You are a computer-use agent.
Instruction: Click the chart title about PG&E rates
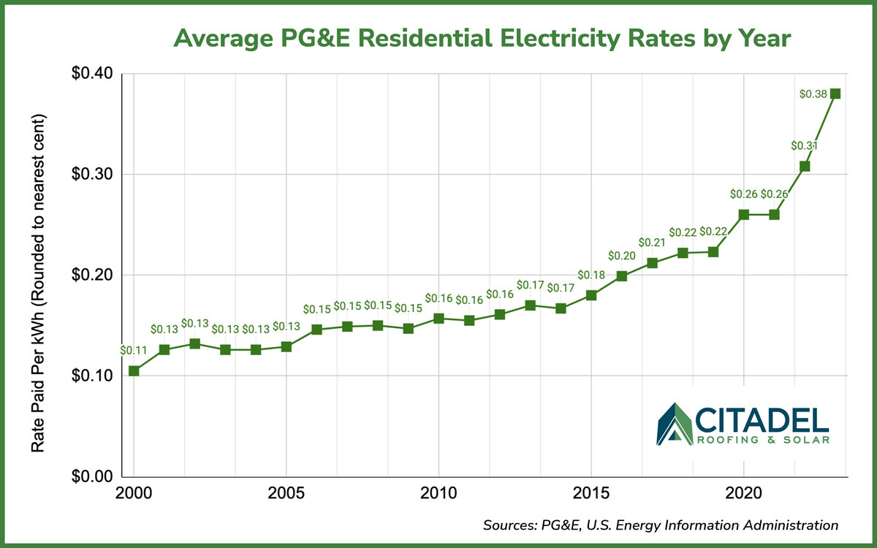pyautogui.click(x=482, y=38)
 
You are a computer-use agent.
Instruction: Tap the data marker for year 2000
pyautogui.click(x=134, y=370)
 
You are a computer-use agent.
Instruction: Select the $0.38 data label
pyautogui.click(x=813, y=94)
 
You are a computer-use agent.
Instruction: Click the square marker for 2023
pyautogui.click(x=835, y=94)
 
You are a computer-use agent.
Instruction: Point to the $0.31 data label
pyautogui.click(x=804, y=145)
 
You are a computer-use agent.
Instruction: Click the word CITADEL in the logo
pyautogui.click(x=762, y=420)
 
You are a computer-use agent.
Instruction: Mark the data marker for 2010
pyautogui.click(x=438, y=319)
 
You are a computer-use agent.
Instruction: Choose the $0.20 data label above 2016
pyautogui.click(x=621, y=256)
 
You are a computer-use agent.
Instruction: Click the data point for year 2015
pyautogui.click(x=591, y=295)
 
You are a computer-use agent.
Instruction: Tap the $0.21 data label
pyautogui.click(x=652, y=242)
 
